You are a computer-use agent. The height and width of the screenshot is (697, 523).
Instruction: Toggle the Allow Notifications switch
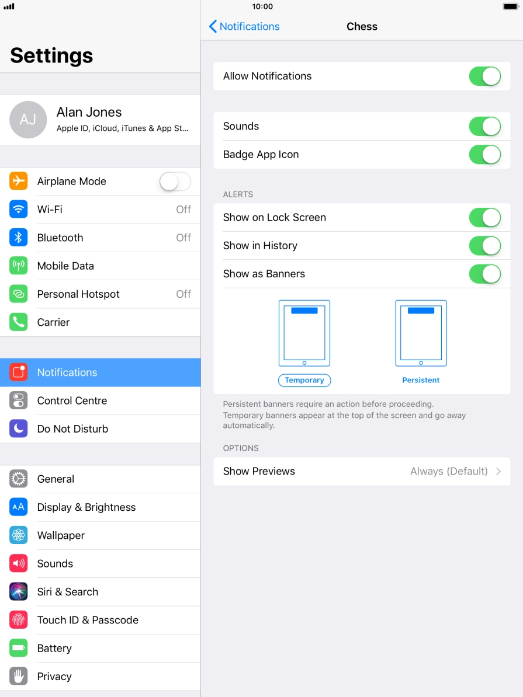[484, 76]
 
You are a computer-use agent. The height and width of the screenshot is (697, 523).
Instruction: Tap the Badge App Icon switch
[484, 155]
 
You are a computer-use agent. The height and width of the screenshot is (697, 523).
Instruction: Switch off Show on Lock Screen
[484, 217]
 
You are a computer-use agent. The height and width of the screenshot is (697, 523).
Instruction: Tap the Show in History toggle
[484, 246]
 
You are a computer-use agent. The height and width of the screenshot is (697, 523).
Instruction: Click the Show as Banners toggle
[484, 274]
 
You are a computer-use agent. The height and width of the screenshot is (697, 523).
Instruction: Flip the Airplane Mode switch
[175, 182]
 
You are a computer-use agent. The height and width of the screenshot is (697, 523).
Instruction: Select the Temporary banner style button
[304, 380]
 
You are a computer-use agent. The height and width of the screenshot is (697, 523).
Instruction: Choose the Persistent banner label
[421, 380]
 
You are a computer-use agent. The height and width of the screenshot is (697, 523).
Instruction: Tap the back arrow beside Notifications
[213, 27]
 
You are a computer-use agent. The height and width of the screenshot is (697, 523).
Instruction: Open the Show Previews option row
[362, 471]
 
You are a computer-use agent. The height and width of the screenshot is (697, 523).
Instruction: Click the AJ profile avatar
[28, 120]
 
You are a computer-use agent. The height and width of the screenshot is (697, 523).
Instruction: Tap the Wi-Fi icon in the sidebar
[18, 210]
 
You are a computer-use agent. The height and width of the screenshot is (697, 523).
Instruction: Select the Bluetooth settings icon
[18, 238]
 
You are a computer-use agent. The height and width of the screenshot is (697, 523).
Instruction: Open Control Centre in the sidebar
[72, 400]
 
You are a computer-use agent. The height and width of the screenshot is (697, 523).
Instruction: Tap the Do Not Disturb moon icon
[18, 428]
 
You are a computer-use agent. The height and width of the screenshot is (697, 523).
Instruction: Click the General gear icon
[18, 479]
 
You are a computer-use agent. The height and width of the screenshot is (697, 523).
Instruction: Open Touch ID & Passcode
[88, 620]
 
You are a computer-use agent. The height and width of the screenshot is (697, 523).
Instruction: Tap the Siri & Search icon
[18, 592]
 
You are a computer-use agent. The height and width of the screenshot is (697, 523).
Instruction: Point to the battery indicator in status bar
[511, 6]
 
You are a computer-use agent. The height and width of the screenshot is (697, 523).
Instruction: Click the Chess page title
[362, 27]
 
